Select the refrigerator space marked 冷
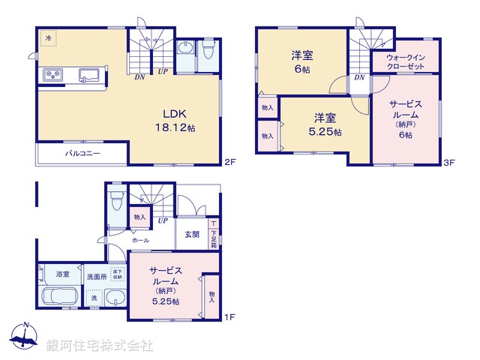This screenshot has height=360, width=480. coord(49,37)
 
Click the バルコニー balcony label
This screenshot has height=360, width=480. coord(82,154)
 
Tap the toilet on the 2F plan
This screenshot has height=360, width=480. coord(208,52)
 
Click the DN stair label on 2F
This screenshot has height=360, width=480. coord(139,75)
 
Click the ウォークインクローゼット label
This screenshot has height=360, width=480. coord(406,61)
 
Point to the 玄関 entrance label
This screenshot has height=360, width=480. coord(191,234)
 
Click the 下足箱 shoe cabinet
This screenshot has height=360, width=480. coord(214,234)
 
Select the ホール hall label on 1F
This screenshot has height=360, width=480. coord(139,241)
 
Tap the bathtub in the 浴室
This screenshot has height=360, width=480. coord(57,297)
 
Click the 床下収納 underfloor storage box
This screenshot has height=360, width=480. coord(117,274)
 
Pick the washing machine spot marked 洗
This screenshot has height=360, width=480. coord(94,298)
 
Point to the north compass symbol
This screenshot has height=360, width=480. coord(24,337)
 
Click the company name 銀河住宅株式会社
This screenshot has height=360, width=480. coord(99,345)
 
